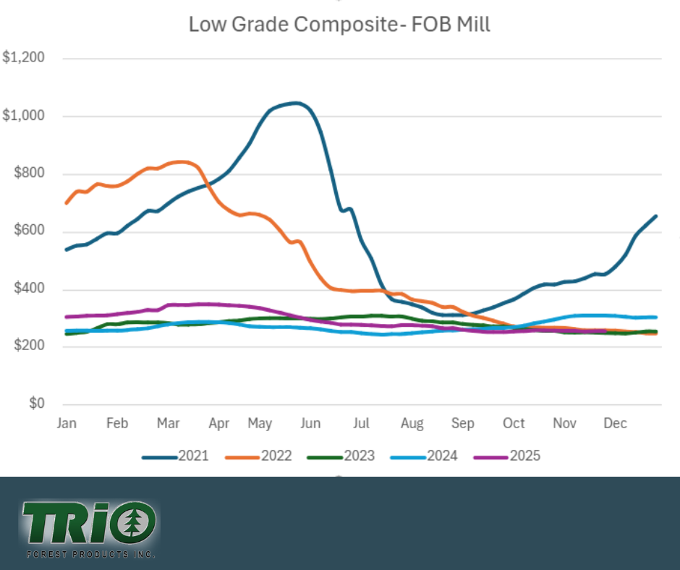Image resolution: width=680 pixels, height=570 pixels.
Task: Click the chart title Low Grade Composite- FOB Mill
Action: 339,24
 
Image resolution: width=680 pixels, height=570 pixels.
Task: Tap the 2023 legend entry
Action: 341,456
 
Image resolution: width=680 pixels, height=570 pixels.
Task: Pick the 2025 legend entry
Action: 507,456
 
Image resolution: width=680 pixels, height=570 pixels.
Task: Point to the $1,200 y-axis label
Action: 24,58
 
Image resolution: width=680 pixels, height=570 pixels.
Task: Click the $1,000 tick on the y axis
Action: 24,116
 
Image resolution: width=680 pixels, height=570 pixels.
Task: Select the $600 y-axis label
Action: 29,231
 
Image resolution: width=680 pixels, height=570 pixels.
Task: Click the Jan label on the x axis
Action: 67,423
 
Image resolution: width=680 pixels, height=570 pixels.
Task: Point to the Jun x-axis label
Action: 310,423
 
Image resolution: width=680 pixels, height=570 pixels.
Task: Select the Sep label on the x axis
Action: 462,423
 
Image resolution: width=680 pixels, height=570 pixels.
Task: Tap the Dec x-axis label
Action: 615,423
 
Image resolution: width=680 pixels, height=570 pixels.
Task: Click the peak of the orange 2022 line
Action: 181,161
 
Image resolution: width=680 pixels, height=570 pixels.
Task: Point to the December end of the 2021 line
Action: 655,216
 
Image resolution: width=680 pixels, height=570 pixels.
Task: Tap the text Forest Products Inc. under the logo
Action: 90,554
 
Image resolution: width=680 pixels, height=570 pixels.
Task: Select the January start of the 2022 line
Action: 67,203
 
